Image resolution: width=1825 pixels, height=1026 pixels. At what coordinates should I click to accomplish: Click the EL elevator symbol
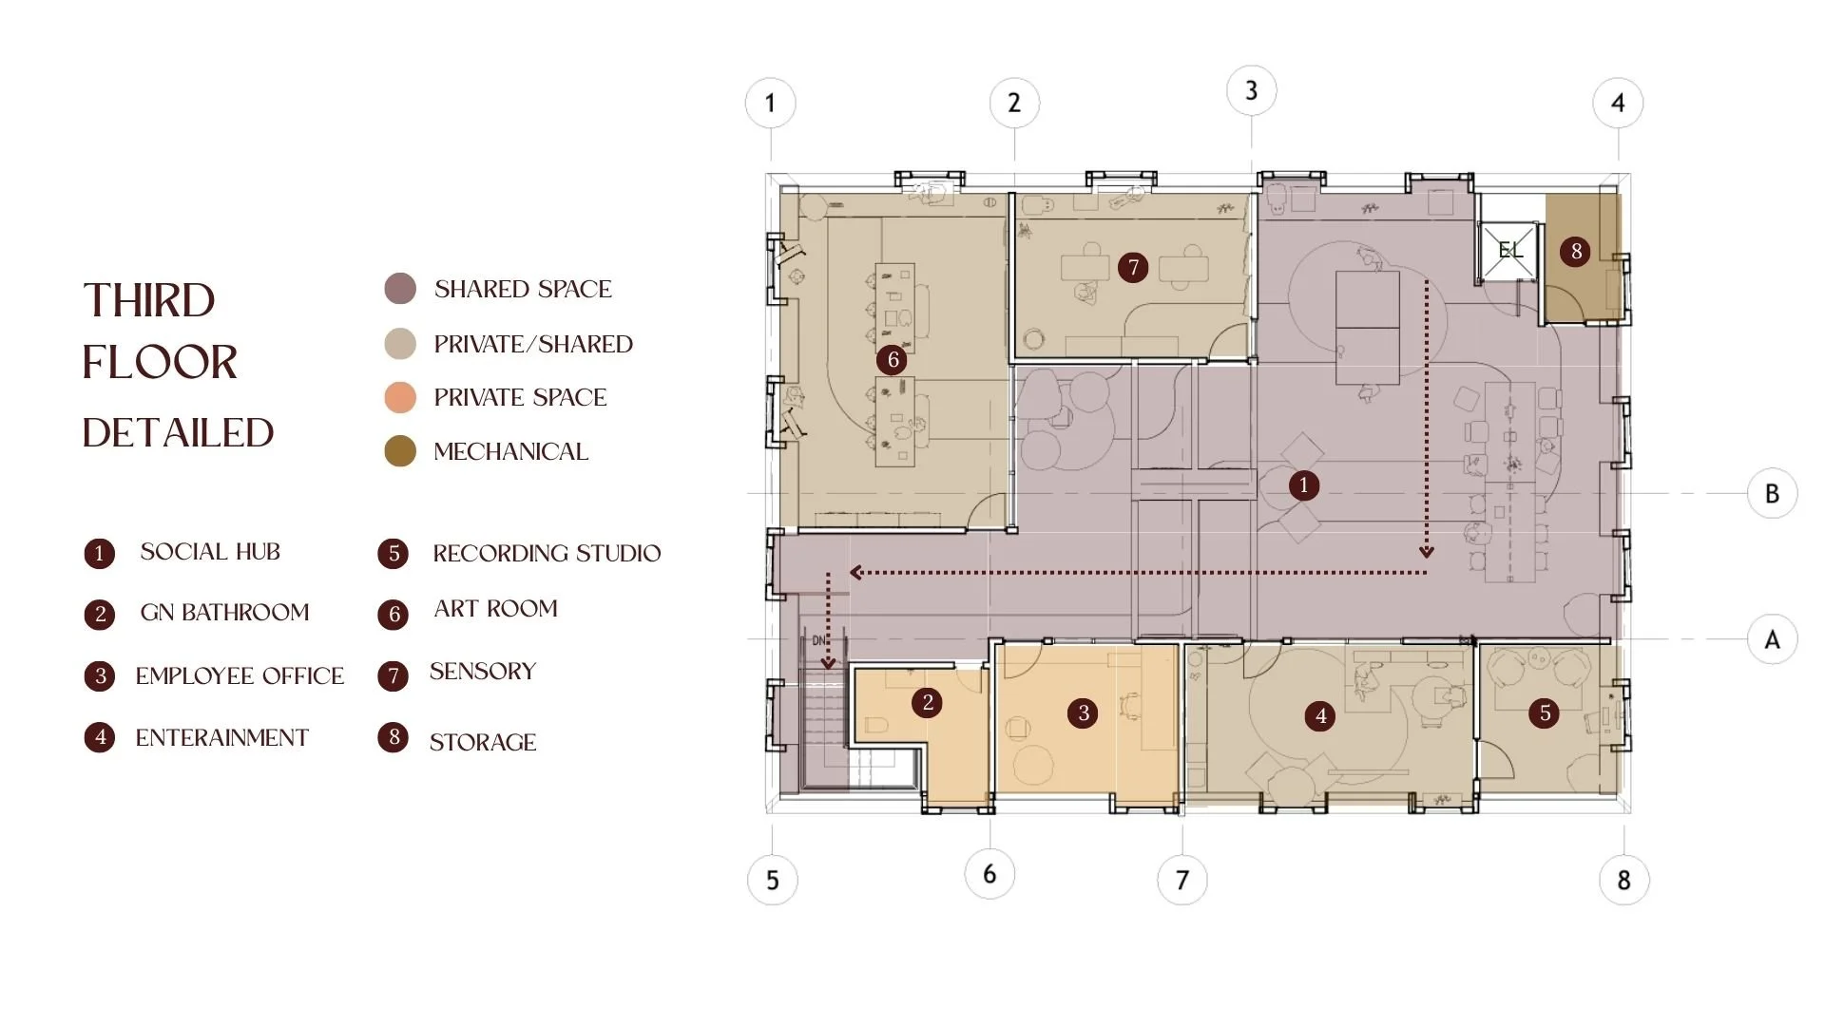[x=1509, y=251]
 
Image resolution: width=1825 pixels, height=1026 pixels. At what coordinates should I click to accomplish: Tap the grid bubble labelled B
[x=1772, y=494]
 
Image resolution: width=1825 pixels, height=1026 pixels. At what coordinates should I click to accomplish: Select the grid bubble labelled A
[x=1772, y=639]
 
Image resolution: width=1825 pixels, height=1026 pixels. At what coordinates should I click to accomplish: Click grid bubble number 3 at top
[x=1251, y=91]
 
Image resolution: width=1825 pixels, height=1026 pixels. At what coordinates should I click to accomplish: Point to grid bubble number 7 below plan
[x=1182, y=880]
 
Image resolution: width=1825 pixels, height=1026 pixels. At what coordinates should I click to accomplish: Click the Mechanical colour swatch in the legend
[x=400, y=451]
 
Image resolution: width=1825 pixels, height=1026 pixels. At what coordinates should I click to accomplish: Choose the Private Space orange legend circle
[x=400, y=397]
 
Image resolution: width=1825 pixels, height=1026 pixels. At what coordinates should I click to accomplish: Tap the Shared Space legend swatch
[x=400, y=289]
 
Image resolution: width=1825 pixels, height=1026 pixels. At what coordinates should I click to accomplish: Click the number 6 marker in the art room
[x=893, y=360]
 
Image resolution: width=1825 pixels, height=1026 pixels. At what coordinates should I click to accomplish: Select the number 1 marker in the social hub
[x=1304, y=485]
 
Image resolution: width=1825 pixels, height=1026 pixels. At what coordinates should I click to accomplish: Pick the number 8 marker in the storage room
[x=1576, y=251]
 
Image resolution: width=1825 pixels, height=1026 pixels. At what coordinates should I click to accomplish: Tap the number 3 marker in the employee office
[x=1084, y=713]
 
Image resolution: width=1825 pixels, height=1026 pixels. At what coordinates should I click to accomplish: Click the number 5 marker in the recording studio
[x=1545, y=713]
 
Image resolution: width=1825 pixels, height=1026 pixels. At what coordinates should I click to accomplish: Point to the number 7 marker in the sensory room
[x=1133, y=268]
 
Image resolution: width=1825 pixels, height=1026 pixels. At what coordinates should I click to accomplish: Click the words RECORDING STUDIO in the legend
[x=547, y=554]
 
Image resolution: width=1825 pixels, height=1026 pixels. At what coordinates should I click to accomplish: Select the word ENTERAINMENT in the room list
[x=222, y=738]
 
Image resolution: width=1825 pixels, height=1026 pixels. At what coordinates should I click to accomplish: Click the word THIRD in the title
[x=149, y=300]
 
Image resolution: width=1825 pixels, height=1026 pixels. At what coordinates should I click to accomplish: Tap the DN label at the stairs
[x=819, y=641]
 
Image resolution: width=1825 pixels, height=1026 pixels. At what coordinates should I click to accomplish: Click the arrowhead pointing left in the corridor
[x=856, y=573]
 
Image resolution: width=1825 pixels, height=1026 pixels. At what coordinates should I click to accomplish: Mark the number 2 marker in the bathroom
[x=928, y=703]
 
